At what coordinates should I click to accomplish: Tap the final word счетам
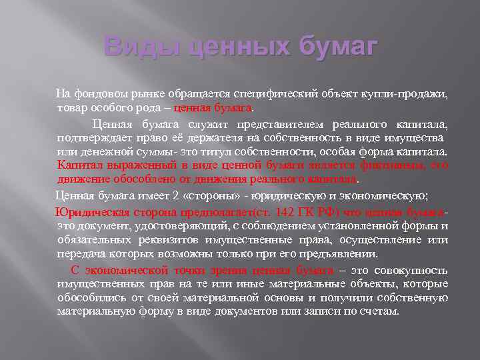pyautogui.click(x=379, y=311)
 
